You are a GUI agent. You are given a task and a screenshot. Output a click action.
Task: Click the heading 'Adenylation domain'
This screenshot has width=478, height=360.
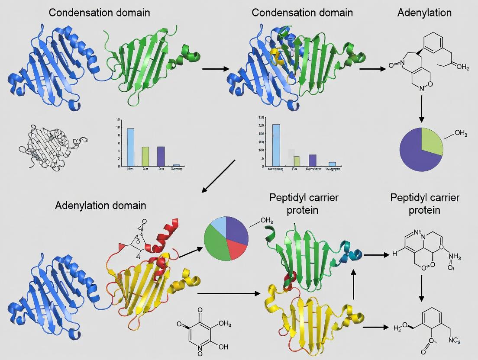100,205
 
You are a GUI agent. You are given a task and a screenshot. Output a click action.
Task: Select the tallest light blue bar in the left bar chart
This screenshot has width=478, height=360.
130,147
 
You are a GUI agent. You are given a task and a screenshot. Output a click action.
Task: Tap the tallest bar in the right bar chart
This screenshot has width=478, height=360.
276,145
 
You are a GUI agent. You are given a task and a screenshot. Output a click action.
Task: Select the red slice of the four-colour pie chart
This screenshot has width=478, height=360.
235,249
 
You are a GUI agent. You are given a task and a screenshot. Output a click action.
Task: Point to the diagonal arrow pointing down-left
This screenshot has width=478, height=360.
219,175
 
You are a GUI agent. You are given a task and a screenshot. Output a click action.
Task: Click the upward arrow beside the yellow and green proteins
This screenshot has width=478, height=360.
354,284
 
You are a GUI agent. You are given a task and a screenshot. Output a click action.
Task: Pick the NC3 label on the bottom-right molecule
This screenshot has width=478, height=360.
453,341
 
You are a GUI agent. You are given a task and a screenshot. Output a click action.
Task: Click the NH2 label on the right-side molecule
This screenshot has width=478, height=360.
453,258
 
